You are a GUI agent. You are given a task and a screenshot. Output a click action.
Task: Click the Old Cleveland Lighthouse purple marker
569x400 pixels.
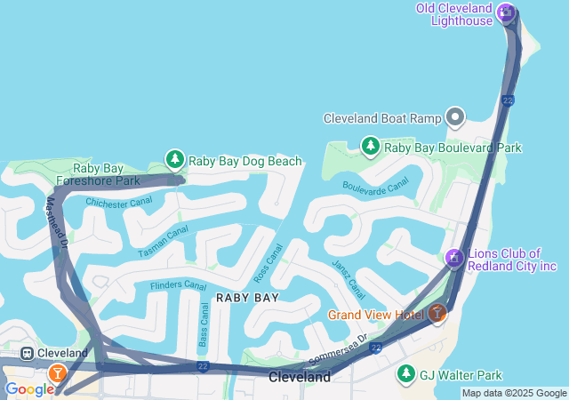pos(506,12)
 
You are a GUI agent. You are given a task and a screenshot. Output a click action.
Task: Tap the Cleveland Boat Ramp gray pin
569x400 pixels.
pos(455,117)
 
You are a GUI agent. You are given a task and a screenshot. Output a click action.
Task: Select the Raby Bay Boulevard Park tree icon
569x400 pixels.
pos(371,146)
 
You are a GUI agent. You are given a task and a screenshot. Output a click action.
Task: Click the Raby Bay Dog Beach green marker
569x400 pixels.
pos(175,160)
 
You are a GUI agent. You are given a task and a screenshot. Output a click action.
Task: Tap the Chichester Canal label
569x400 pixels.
pos(118,202)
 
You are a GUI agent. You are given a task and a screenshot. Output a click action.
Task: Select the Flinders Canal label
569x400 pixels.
pos(178,285)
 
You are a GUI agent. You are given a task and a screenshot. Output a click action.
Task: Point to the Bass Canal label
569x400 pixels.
pos(204,324)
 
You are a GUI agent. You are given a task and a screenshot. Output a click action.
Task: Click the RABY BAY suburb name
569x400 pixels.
pos(247,298)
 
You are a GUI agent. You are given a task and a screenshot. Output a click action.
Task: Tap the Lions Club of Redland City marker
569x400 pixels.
pos(453,259)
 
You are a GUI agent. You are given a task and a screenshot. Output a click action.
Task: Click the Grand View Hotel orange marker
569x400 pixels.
pos(437,313)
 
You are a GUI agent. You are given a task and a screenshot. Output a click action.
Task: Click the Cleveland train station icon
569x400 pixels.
pos(28,353)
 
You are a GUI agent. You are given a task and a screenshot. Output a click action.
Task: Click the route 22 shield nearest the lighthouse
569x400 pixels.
pos(508,100)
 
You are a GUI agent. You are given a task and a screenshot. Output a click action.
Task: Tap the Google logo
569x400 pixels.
pos(29,389)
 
